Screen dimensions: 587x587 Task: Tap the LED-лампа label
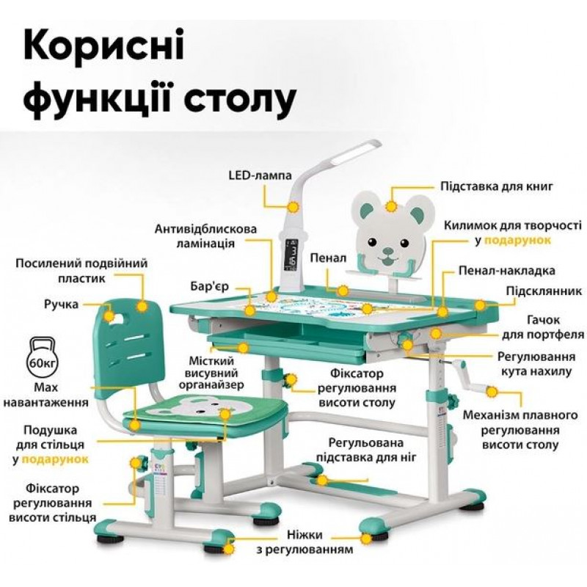[260, 175]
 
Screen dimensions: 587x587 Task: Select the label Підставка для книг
[497, 186]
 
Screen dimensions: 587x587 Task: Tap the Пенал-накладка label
[507, 271]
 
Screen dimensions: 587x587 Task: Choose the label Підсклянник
[544, 291]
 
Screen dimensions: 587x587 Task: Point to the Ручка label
[62, 305]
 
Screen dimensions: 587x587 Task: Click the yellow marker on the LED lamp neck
[293, 207]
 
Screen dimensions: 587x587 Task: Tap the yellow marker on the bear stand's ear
[391, 207]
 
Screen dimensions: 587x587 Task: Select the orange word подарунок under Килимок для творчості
[518, 241]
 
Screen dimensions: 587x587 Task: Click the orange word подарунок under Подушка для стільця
[56, 459]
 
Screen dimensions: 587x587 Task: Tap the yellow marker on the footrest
[321, 480]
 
